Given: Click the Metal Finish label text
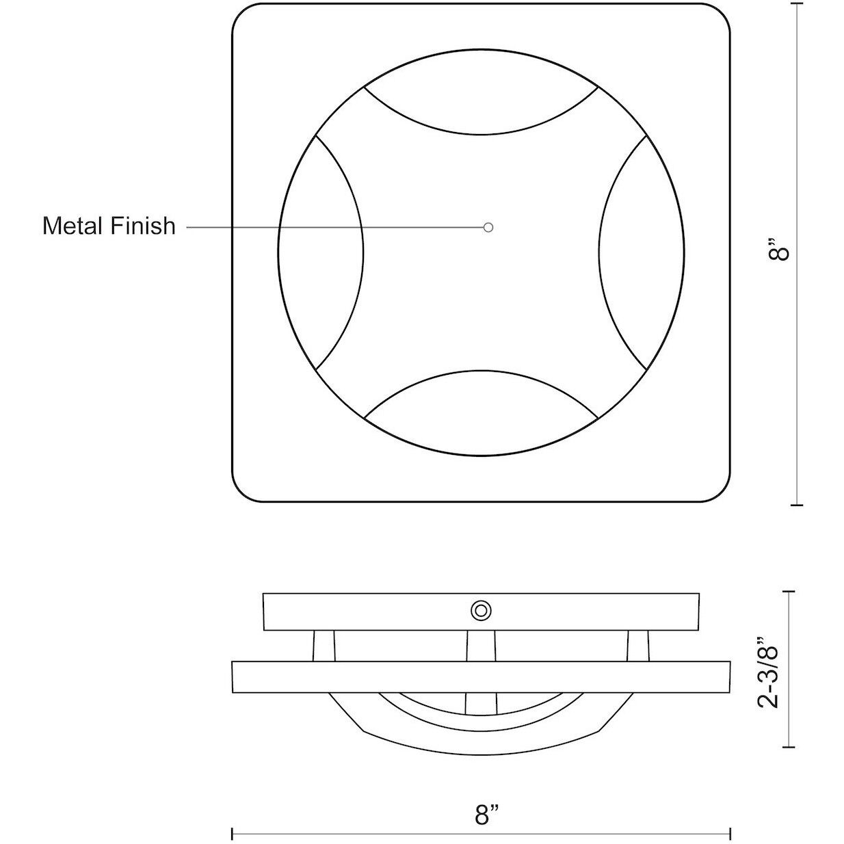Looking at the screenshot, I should coord(109,226).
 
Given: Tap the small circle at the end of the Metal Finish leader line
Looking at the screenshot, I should coord(488,227).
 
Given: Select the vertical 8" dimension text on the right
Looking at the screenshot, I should coord(779,250).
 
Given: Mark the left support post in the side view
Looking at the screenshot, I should coord(324,646).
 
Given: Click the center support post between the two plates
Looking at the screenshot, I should coord(481,646).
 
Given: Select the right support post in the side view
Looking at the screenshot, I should coord(638,646).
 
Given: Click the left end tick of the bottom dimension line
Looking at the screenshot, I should coord(233,834).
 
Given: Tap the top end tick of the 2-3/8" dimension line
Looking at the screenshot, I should coord(791,592).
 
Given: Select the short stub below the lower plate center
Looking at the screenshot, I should coord(481,703).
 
